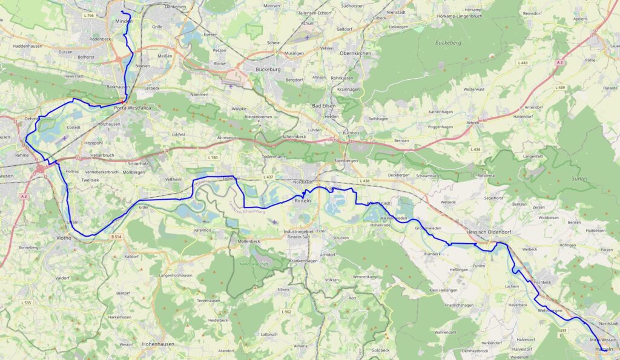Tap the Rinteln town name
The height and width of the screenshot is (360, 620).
click(x=303, y=200)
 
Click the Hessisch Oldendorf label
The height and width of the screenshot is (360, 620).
click(x=489, y=232)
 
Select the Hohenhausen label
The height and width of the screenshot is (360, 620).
click(x=140, y=343)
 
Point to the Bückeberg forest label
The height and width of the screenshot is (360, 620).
click(x=449, y=43)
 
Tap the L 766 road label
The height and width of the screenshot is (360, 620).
click(x=89, y=15)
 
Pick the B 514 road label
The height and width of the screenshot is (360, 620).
click(x=116, y=237)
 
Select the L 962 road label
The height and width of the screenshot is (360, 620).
click(x=286, y=312)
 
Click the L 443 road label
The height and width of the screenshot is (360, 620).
click(x=507, y=63)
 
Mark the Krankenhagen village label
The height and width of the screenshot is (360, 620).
click(x=303, y=260)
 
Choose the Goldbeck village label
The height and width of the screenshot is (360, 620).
click(x=380, y=350)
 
